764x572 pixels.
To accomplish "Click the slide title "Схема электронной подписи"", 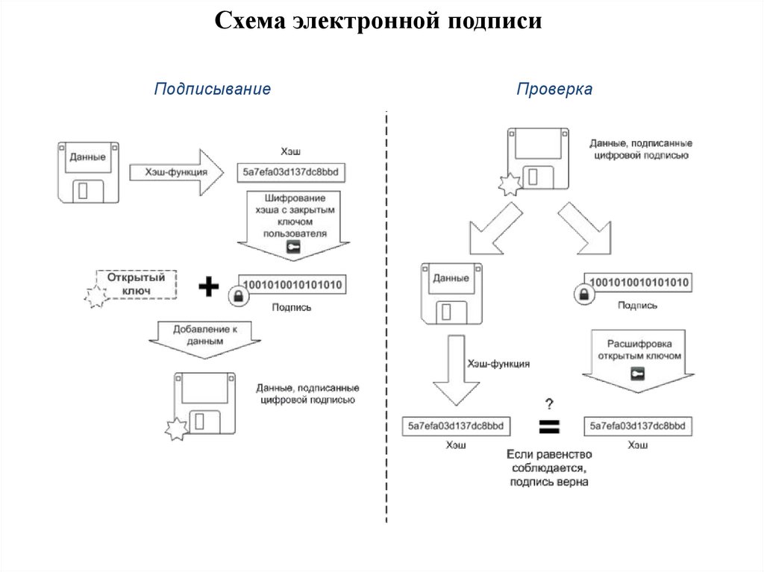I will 378,21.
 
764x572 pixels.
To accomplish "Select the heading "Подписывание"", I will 212,89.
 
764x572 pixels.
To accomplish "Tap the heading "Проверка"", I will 554,89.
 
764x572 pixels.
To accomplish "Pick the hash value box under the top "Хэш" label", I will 290,173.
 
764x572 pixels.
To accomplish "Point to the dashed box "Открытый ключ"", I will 136,283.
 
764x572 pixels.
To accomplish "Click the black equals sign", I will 549,427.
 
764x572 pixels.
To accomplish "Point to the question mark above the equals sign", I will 549,404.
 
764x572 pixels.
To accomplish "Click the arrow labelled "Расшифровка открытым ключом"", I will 634,358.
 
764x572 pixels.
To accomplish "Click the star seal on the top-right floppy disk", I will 510,186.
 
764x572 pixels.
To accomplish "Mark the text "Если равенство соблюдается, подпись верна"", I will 549,468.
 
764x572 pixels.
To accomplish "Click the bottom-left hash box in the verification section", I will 456,426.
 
